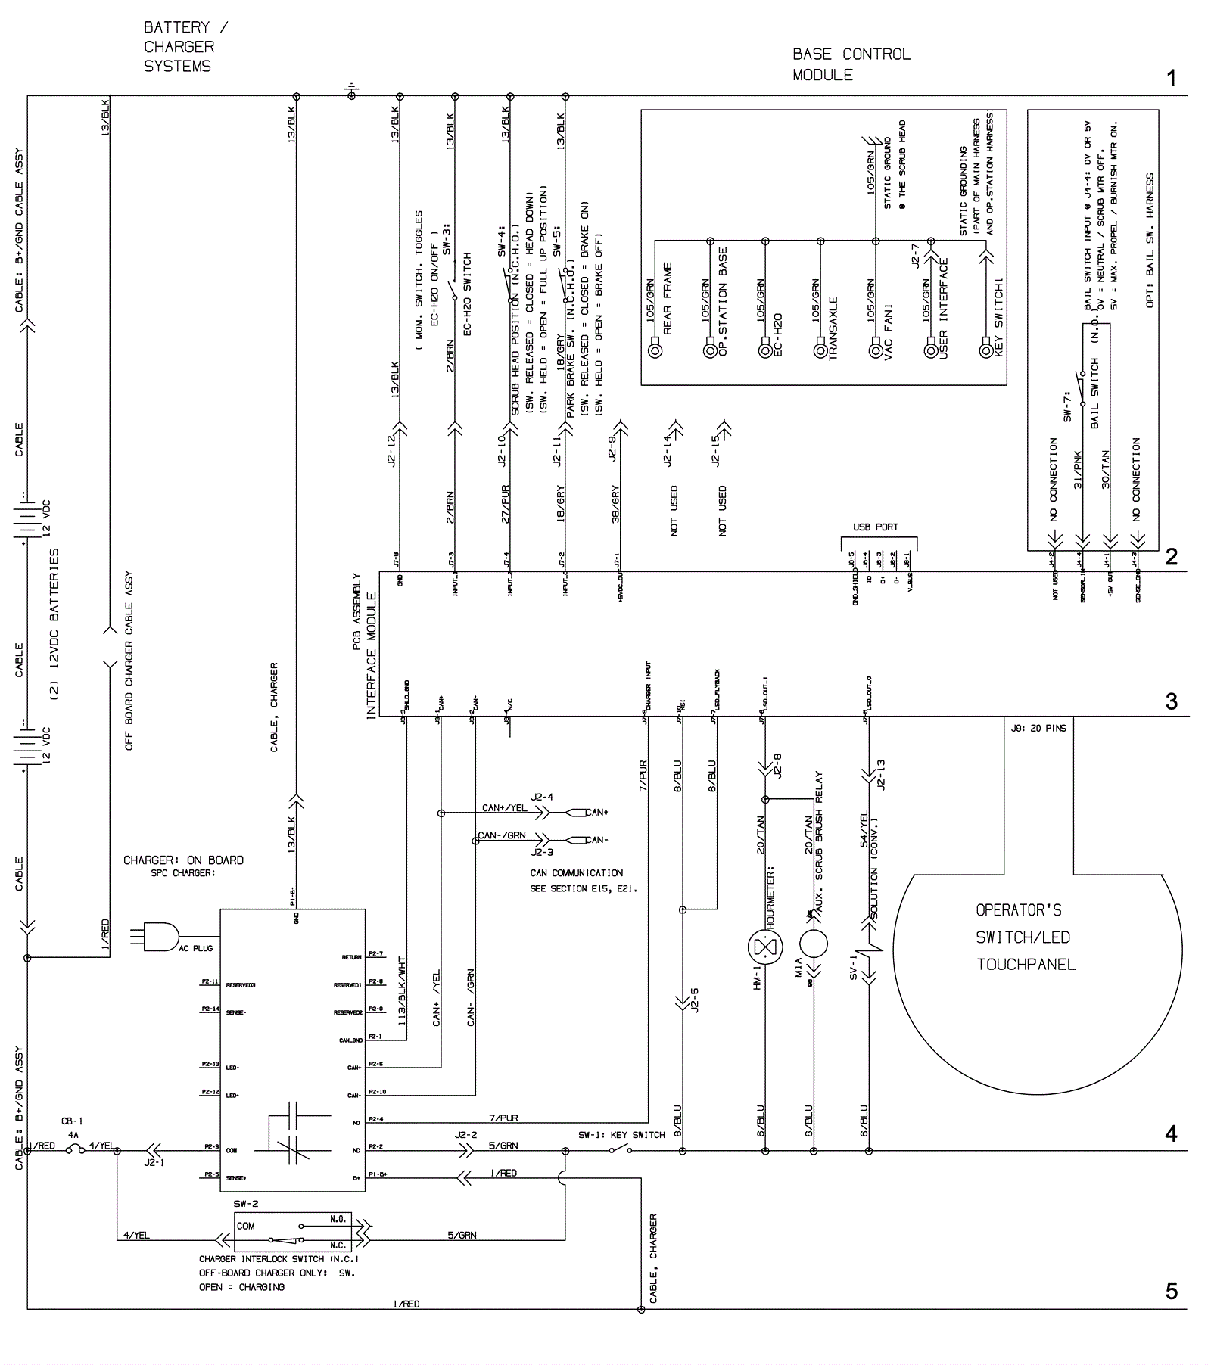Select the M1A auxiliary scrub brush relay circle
[x=813, y=944]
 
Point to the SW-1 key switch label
[x=621, y=1135]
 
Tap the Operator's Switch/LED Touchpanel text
[x=1026, y=937]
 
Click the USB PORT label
[x=876, y=527]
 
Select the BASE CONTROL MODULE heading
[x=851, y=64]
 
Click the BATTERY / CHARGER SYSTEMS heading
[x=185, y=47]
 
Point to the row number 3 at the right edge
[x=1172, y=701]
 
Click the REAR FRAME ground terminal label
[x=668, y=299]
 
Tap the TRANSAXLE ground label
[x=833, y=328]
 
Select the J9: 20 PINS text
[x=1038, y=729]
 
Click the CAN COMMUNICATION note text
[x=577, y=872]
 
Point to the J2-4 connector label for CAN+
[x=542, y=797]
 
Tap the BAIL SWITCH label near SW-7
[x=1094, y=393]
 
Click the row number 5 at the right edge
[x=1172, y=1291]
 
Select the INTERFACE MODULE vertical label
[x=372, y=655]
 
